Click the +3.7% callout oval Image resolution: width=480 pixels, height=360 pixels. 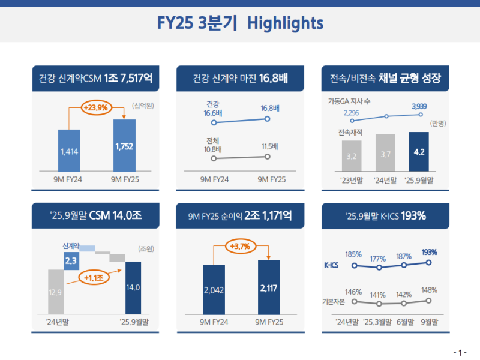(x=239, y=245)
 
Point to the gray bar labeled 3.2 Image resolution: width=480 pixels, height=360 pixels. (x=352, y=157)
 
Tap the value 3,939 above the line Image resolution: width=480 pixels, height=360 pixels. (x=420, y=106)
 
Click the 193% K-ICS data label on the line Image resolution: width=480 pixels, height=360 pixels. (x=429, y=252)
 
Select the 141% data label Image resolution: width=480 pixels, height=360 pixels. (x=377, y=295)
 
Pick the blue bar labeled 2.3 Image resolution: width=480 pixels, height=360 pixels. (x=71, y=260)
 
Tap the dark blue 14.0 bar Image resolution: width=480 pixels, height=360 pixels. (x=133, y=287)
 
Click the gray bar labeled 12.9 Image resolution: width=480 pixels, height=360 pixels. (x=55, y=292)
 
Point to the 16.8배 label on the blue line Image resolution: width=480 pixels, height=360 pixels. (x=270, y=109)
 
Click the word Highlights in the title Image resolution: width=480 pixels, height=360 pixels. (x=286, y=23)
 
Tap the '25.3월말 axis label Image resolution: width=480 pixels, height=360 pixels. (x=377, y=322)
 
